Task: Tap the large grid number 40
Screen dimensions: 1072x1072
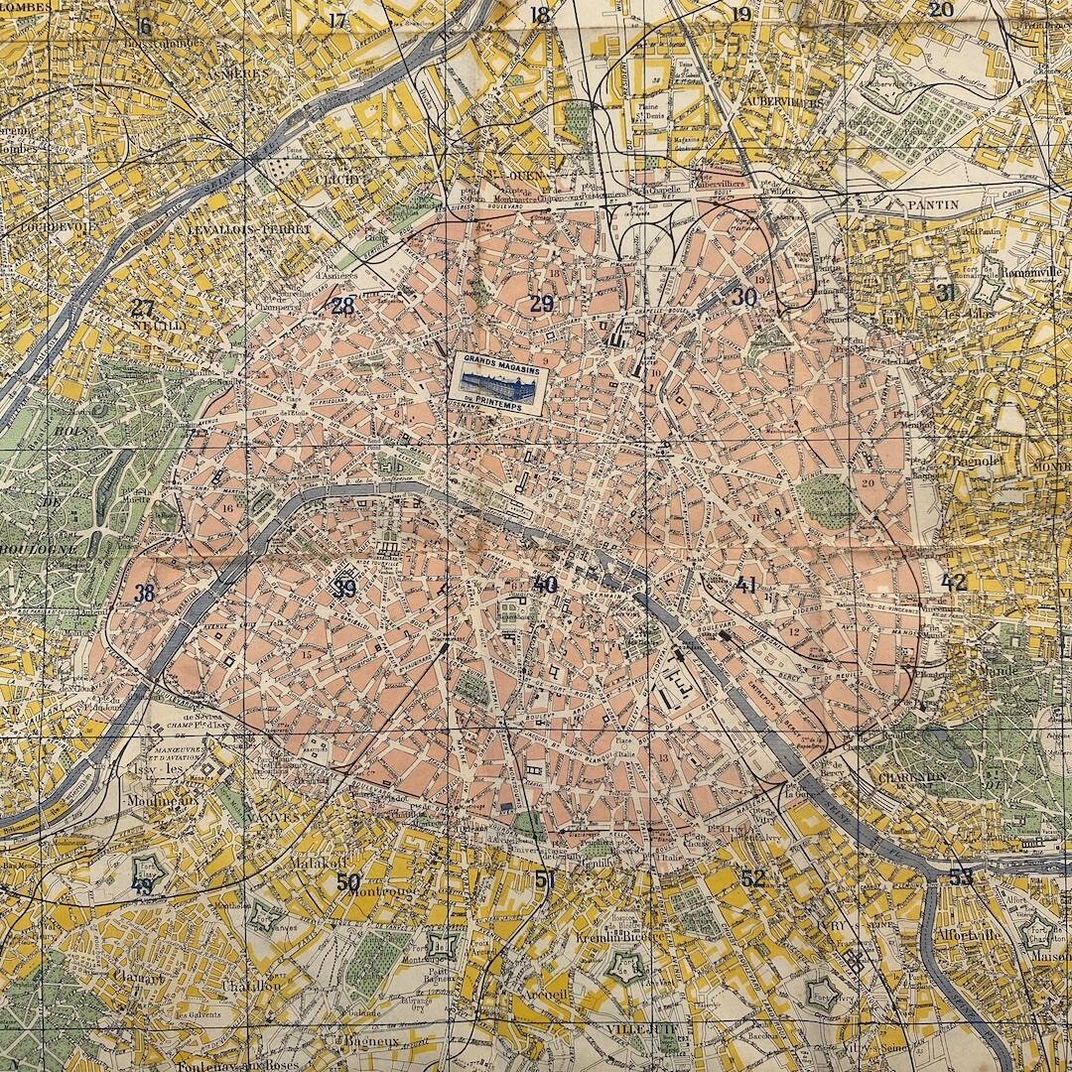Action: [x=544, y=585]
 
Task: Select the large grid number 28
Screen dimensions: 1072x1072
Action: [x=342, y=306]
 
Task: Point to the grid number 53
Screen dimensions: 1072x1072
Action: [x=960, y=877]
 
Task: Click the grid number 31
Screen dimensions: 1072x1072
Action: [x=945, y=292]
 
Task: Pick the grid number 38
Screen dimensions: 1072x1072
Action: [x=145, y=594]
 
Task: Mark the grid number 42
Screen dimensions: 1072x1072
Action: [x=954, y=583]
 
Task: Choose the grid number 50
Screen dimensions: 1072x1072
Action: [x=347, y=881]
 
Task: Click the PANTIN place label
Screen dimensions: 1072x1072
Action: [x=932, y=204]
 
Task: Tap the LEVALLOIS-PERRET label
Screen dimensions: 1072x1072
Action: [x=248, y=229]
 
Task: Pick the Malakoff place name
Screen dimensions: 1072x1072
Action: [x=316, y=864]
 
